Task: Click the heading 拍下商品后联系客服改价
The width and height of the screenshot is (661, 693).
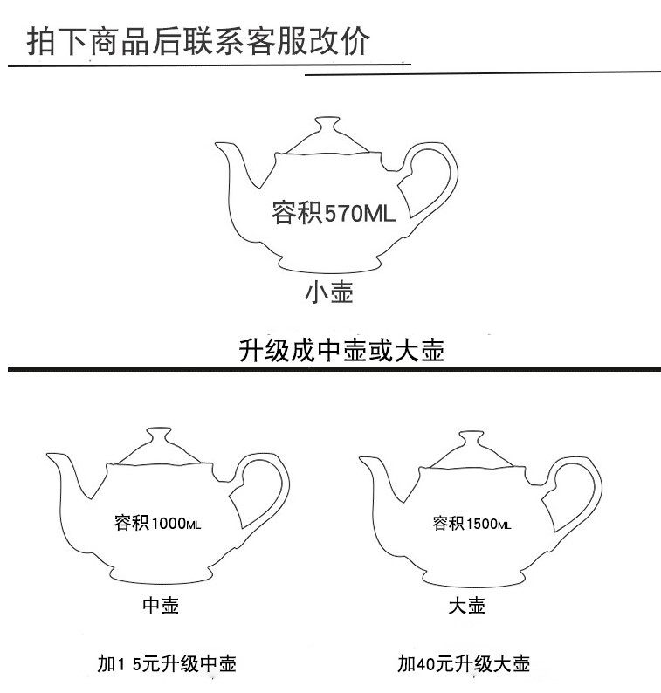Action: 199,41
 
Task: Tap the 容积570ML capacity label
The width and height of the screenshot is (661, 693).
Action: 334,213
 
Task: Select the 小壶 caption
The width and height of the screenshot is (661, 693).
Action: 329,293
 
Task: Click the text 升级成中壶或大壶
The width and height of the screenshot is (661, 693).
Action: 341,351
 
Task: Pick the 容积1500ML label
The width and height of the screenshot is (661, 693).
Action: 472,524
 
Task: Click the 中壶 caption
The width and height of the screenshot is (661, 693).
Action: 161,606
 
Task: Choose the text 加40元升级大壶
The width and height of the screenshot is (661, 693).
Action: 464,664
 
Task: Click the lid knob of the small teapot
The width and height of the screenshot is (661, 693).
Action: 327,124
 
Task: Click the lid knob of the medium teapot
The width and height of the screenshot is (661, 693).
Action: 158,433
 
